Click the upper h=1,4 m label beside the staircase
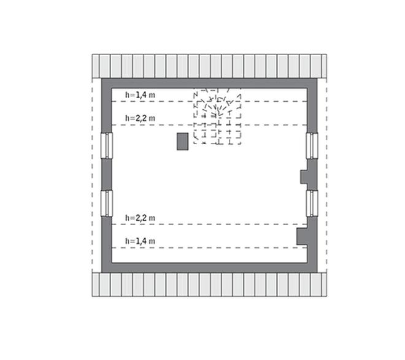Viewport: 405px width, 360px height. point(141,95)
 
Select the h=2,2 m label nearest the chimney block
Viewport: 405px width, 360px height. point(141,118)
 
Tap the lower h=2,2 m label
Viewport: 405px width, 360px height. point(141,218)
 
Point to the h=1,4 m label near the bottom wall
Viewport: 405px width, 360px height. point(141,241)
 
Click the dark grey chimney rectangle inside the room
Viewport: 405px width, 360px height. point(183,142)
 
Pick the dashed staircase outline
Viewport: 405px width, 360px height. point(217,116)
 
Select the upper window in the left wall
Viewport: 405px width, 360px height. point(106,145)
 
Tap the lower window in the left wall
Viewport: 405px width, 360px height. point(106,204)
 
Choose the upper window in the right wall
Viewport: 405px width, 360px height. point(312,146)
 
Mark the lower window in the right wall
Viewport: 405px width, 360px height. point(312,204)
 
